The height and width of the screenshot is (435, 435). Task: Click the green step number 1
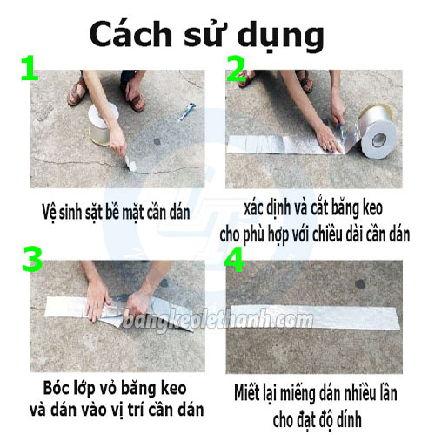[x=29, y=70]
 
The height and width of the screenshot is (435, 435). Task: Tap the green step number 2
[x=237, y=71]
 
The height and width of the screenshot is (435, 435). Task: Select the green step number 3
[x=32, y=261]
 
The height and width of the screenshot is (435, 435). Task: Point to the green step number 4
[x=238, y=261]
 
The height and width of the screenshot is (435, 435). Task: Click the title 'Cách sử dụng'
[x=206, y=35]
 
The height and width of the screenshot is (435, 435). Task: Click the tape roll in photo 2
[x=379, y=133]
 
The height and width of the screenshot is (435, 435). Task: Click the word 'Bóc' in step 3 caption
[x=58, y=386]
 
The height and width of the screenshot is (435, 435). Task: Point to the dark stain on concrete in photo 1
[x=157, y=141]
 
